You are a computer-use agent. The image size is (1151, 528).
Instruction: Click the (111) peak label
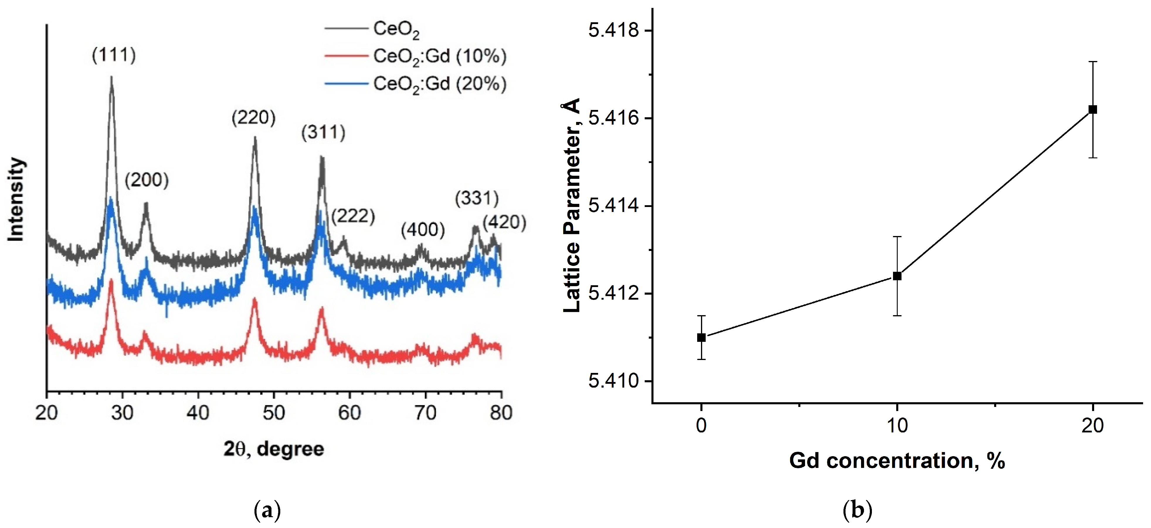coord(114,55)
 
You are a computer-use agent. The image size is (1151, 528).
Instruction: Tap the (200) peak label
coord(147,180)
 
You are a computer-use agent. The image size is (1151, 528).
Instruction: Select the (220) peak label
coord(253,118)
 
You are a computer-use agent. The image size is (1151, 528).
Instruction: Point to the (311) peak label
coord(323,133)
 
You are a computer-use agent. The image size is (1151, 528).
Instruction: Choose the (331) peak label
coord(477,198)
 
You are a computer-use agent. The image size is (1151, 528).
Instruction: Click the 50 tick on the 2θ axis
coord(274,413)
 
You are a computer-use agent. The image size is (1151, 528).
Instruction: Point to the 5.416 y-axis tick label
coord(614,118)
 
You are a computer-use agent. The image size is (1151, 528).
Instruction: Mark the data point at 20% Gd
coord(1092,109)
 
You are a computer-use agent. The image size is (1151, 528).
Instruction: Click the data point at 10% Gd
coord(897,276)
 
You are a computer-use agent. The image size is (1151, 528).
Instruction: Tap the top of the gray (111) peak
coord(111,78)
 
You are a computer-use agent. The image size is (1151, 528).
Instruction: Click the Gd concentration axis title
coord(897,461)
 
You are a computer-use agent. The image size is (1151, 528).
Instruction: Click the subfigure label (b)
coord(857,510)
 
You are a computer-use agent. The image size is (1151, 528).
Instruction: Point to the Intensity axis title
coord(16,199)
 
